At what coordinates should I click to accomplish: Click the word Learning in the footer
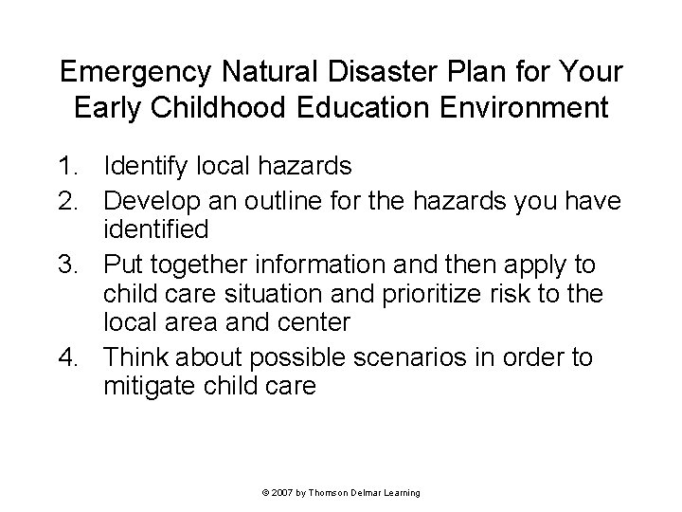(402, 493)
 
